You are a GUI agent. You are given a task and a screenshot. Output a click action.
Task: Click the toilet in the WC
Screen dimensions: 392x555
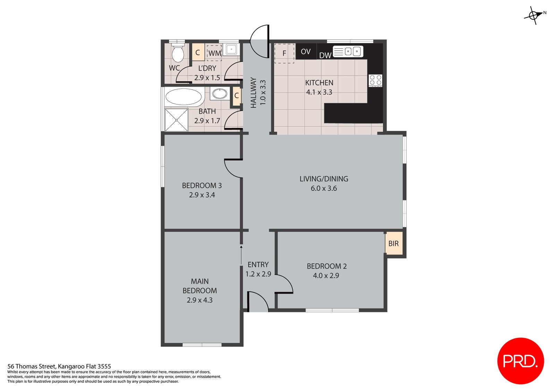[178, 53]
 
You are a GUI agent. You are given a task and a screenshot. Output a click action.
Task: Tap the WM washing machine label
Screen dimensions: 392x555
[214, 53]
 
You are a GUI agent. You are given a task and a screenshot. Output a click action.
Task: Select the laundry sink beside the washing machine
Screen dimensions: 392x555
[231, 49]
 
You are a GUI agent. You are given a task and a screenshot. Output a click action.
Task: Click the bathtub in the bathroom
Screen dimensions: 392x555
[183, 97]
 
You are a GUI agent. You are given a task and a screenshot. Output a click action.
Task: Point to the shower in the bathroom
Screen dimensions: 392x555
[177, 120]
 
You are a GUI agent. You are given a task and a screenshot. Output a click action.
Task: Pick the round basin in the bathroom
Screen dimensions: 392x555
[219, 94]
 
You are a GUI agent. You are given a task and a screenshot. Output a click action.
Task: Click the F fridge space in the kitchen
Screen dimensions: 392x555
[284, 53]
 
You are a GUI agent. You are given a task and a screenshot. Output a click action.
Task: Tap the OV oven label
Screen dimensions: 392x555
[306, 52]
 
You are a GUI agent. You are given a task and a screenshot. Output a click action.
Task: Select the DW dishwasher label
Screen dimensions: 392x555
[325, 55]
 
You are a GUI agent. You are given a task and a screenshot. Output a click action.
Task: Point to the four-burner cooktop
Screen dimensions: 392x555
[375, 80]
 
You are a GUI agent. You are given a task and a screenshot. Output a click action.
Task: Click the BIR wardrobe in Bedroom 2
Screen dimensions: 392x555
[394, 244]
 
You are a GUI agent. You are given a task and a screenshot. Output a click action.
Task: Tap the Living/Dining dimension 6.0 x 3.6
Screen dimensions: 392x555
[324, 188]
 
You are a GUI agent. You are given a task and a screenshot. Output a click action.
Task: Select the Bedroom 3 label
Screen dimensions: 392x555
[202, 186]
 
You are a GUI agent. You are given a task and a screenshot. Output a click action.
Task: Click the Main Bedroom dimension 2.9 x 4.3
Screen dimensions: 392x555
[200, 300]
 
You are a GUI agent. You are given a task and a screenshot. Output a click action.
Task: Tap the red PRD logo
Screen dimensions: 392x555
[520, 361]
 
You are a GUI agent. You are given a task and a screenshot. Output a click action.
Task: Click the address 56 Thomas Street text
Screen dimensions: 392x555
[59, 366]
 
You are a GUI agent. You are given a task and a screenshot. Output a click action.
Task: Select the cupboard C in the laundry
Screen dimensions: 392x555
[198, 53]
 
